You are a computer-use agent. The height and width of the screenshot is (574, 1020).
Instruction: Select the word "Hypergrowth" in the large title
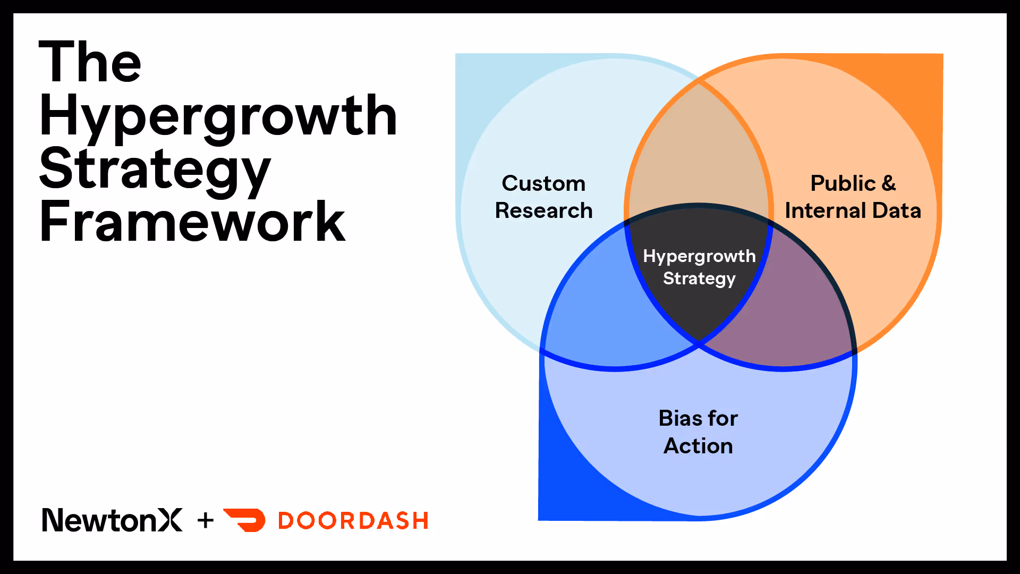pos(218,117)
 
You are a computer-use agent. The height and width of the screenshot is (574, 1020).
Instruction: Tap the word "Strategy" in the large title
pos(155,171)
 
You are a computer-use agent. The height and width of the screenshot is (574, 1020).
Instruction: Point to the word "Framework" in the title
pos(192,221)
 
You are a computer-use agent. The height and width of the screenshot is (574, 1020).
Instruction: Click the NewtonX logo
pos(112,520)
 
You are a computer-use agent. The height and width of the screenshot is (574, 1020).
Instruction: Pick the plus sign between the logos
pos(206,520)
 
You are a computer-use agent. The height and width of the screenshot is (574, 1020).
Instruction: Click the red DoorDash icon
pos(245,520)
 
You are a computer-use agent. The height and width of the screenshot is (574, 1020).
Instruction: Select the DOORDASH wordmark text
pos(353,521)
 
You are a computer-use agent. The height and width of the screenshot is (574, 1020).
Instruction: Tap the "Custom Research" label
pos(543,197)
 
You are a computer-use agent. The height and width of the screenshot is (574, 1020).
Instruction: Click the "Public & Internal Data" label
pos(853,197)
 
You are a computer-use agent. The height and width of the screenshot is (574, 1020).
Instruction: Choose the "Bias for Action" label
pos(698,432)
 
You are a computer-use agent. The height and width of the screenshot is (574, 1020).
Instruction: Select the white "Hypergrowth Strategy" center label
pos(699,267)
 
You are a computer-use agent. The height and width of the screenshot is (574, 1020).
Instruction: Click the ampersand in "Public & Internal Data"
pos(889,183)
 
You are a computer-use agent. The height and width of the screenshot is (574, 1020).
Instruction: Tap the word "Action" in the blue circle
pos(698,446)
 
